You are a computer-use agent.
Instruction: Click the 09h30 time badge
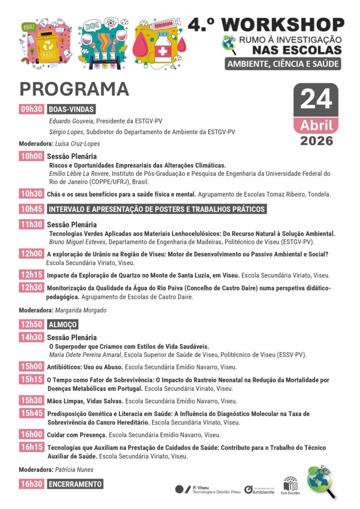pos(32,109)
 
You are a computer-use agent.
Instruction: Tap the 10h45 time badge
pos(32,209)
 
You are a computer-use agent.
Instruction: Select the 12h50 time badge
pos(32,324)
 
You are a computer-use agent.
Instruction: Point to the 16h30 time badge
pos(32,484)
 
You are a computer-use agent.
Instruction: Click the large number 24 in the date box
pos(316,99)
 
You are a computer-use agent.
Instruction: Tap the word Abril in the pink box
pos(316,125)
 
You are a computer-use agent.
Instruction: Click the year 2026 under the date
pos(316,141)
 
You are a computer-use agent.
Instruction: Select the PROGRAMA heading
pos(74,89)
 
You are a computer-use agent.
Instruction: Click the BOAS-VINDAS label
pos(71,109)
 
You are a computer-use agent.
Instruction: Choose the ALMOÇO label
pos(63,324)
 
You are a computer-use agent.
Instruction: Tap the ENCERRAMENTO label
pos(75,484)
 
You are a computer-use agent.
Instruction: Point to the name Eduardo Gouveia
pos(72,121)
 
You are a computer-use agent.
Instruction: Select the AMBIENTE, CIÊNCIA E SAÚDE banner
pos(283,64)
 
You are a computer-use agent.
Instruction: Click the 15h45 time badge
pos(32,414)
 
